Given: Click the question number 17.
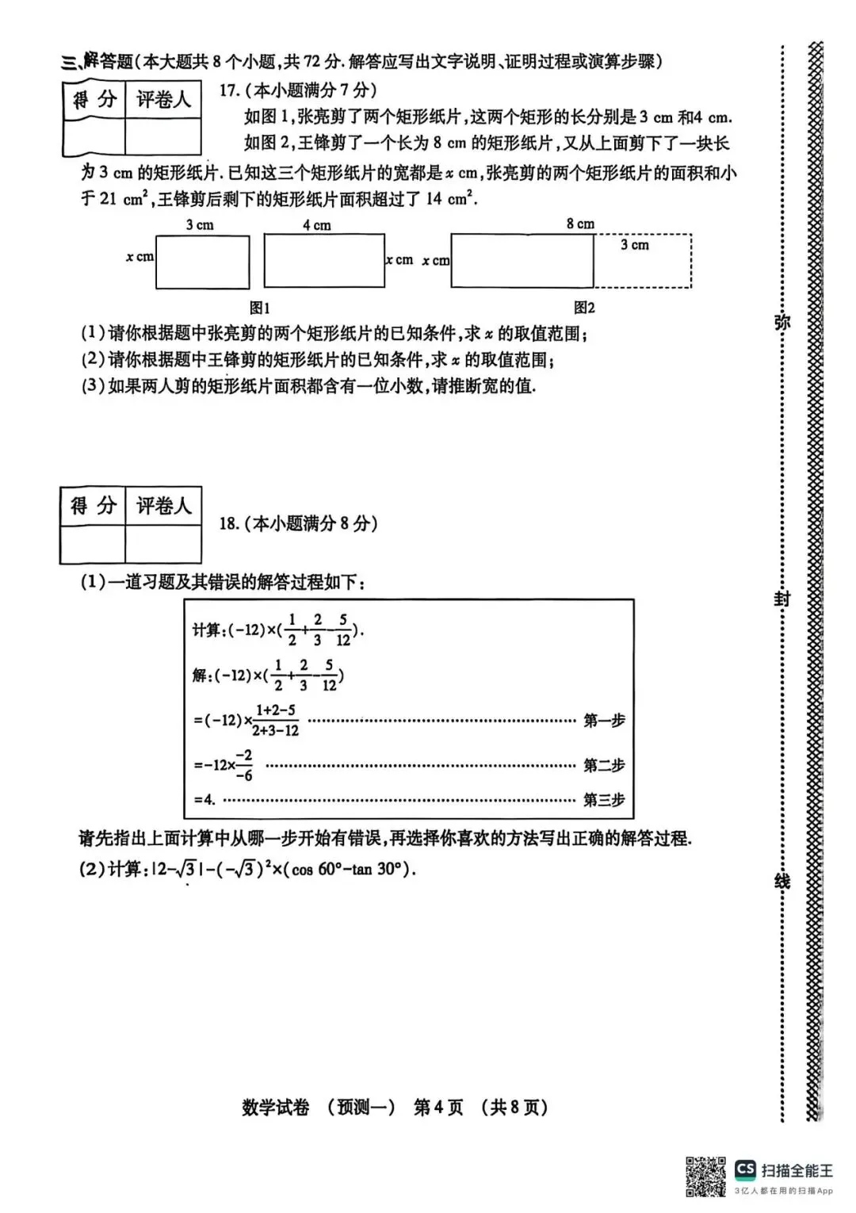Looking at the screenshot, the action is (x=229, y=90).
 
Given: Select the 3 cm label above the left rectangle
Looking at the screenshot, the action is (x=200, y=225).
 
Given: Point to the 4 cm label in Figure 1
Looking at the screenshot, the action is (x=316, y=225).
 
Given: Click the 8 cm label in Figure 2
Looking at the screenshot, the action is (x=580, y=224).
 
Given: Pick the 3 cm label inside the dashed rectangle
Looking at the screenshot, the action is (x=634, y=245).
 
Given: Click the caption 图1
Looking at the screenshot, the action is (x=259, y=308).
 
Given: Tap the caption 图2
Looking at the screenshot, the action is (x=584, y=308).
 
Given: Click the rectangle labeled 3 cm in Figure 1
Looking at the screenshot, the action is (x=202, y=262).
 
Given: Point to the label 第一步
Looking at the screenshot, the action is (x=604, y=721).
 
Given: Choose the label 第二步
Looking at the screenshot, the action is (x=604, y=765).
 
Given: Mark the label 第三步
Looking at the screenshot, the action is (x=604, y=800).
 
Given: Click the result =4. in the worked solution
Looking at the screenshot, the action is (x=204, y=800).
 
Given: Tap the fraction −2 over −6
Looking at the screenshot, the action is (x=243, y=765).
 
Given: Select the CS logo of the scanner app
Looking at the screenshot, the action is (x=744, y=1169).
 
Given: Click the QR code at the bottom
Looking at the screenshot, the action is (x=705, y=1177).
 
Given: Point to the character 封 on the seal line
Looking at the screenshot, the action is (x=782, y=599).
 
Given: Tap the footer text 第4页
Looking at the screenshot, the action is (x=438, y=1107).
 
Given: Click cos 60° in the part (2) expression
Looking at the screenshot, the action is (x=315, y=869).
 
